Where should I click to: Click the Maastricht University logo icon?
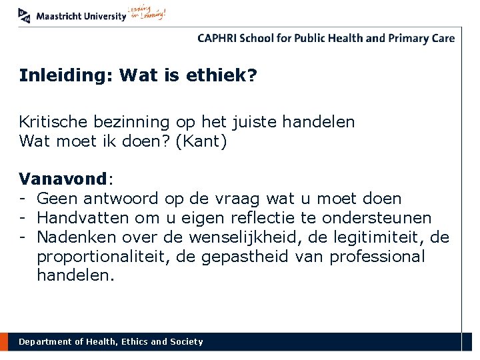pyautogui.click(x=25, y=15)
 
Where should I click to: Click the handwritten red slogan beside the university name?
pyautogui.click(x=147, y=14)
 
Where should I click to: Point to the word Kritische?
pyautogui.click(x=56, y=122)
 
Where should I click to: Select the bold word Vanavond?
pyautogui.click(x=63, y=179)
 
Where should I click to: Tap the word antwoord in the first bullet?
pyautogui.click(x=122, y=199)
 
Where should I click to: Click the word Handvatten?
pyautogui.click(x=81, y=218)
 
